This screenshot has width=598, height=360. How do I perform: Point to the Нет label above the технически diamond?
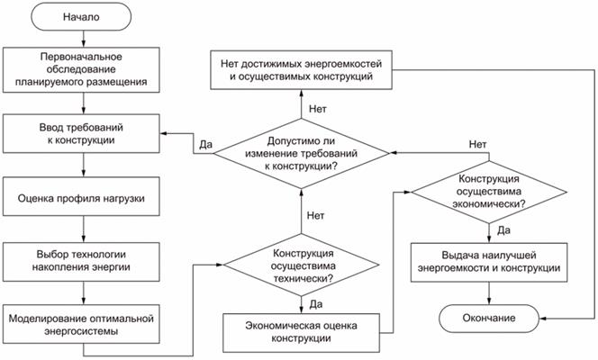click(x=315, y=216)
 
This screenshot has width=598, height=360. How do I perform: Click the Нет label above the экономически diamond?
click(x=480, y=144)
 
